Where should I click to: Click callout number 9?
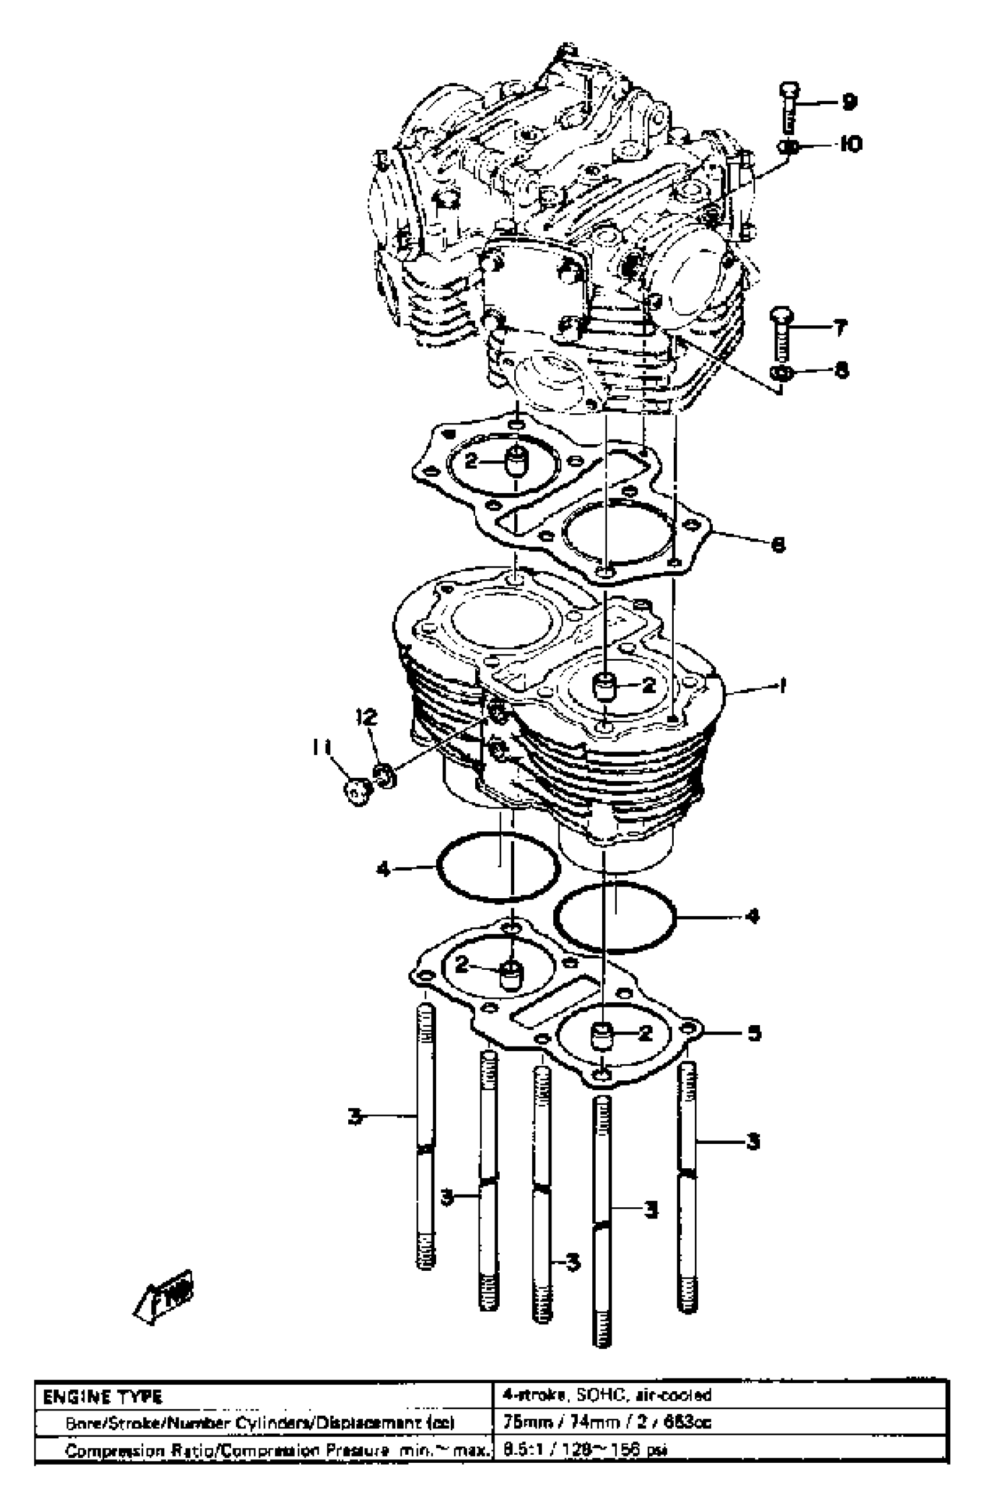pos(848,102)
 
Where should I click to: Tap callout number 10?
pos(850,145)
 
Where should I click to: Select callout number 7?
pos(839,328)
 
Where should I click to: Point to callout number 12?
pos(366,717)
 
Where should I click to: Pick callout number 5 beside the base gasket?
pos(754,1033)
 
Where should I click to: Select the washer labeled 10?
pos(787,146)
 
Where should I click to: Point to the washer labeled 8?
pos(781,371)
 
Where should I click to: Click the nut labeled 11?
pos(356,791)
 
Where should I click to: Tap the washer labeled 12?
pos(385,776)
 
